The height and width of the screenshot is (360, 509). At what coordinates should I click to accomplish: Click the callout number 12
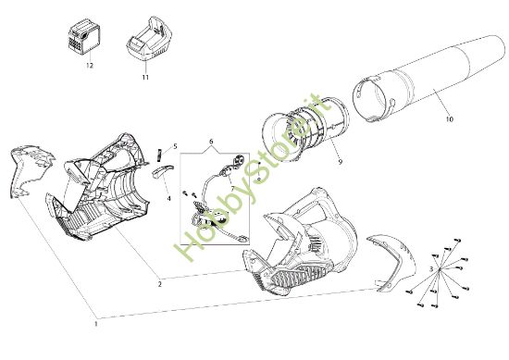[x=90, y=66]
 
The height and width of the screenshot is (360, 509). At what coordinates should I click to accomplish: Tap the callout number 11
[x=145, y=77]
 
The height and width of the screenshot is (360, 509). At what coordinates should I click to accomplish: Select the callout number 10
[x=449, y=119]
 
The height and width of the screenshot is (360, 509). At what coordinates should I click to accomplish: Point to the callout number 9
[x=341, y=161]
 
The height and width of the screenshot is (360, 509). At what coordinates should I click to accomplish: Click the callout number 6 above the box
[x=211, y=142]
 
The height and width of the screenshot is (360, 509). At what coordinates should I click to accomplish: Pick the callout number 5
[x=175, y=146]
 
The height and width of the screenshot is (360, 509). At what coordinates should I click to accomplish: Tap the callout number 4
[x=168, y=198]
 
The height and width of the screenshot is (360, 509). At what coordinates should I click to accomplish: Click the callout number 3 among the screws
[x=431, y=268]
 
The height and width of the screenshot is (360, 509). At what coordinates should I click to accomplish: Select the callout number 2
[x=159, y=284]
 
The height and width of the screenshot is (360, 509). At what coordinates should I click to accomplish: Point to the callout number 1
[x=95, y=324]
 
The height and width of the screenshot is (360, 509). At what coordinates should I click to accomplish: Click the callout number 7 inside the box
[x=232, y=188]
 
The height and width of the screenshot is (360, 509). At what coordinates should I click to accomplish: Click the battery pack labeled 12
[x=83, y=37]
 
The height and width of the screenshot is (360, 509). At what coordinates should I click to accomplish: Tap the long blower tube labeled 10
[x=428, y=79]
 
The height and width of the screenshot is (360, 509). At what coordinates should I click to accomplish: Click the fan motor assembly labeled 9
[x=305, y=130]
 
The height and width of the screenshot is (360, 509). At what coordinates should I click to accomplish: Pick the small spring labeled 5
[x=159, y=155]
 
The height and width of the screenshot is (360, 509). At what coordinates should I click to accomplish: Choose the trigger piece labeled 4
[x=162, y=171]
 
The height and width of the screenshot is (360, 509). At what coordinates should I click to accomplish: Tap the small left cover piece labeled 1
[x=31, y=170]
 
